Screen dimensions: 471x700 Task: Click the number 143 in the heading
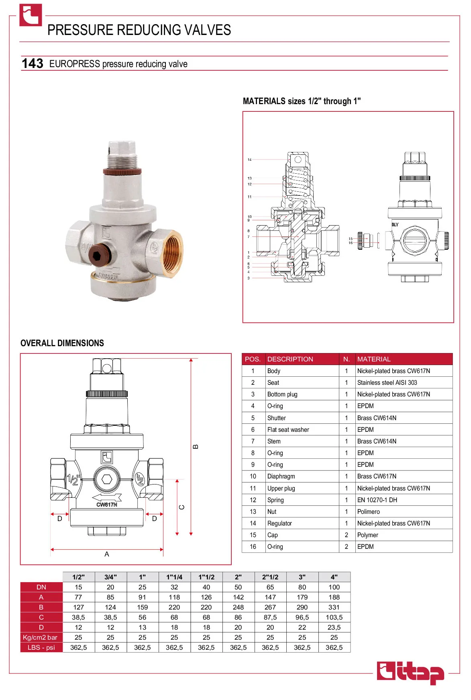(x=32, y=64)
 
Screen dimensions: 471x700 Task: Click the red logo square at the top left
(x=31, y=15)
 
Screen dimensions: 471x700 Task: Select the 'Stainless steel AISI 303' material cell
(x=387, y=382)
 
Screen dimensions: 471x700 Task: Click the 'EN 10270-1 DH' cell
(x=377, y=500)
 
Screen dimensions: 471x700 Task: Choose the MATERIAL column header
(x=374, y=359)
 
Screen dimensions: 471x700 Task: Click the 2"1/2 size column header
(x=270, y=577)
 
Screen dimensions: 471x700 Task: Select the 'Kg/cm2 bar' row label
(x=40, y=637)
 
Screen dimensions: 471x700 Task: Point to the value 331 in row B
(x=334, y=607)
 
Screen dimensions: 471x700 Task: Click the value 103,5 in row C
(x=334, y=617)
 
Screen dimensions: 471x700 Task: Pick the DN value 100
(x=334, y=587)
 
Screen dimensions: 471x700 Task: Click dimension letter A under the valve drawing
(x=107, y=554)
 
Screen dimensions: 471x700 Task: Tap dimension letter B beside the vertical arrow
(x=196, y=447)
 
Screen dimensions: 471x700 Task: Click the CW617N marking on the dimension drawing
(x=107, y=505)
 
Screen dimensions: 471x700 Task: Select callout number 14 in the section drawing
(x=249, y=160)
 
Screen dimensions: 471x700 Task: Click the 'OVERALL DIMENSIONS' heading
(x=62, y=343)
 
